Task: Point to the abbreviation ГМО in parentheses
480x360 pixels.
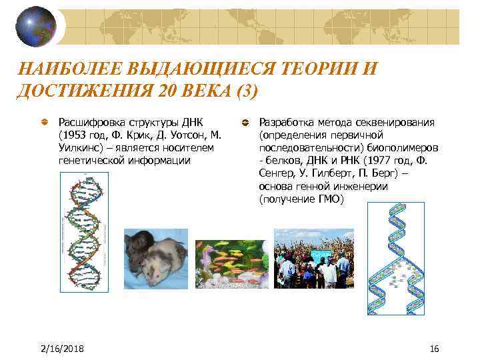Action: point(327,199)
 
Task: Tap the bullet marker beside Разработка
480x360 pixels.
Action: point(245,123)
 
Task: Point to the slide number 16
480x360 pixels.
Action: point(435,349)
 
